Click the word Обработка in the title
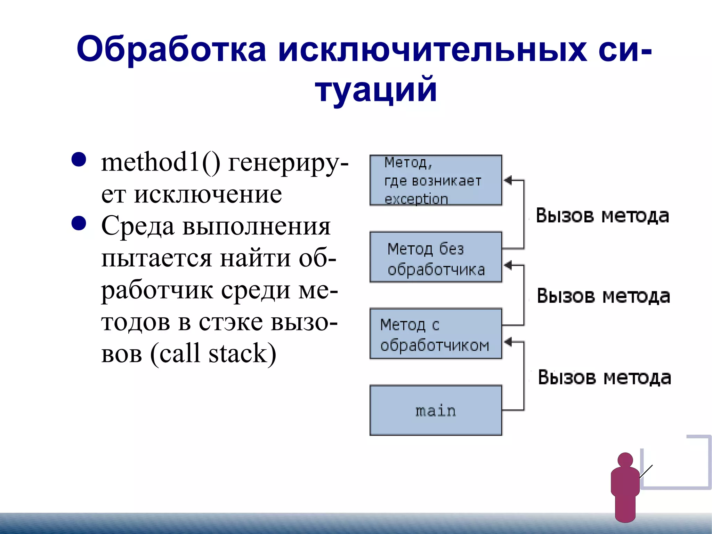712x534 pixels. (x=171, y=49)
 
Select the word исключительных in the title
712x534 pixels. (x=432, y=49)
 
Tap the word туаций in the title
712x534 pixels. (x=376, y=90)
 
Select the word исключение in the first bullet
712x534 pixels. (x=208, y=194)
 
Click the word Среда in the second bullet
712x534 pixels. (x=138, y=226)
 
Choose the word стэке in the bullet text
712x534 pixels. (x=230, y=322)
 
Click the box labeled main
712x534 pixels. (x=436, y=411)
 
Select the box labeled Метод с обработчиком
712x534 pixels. (x=436, y=334)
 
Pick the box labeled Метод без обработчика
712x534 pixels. (x=436, y=257)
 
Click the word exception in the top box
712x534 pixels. (x=416, y=199)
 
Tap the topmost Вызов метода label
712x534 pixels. (x=602, y=216)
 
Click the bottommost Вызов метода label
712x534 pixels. (x=604, y=377)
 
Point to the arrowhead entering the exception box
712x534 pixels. (x=508, y=180)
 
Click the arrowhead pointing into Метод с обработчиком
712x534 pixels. (x=508, y=342)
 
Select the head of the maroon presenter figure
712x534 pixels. (x=625, y=460)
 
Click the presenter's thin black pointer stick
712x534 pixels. (x=646, y=471)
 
